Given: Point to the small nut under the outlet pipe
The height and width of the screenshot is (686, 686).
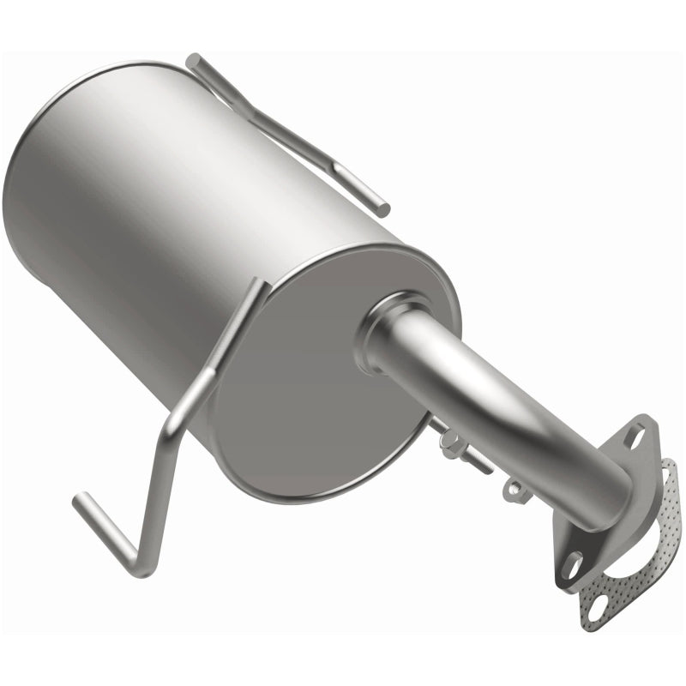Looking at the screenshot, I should (x=514, y=489).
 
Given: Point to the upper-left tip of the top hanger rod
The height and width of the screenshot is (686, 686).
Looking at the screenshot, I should (x=194, y=61).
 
